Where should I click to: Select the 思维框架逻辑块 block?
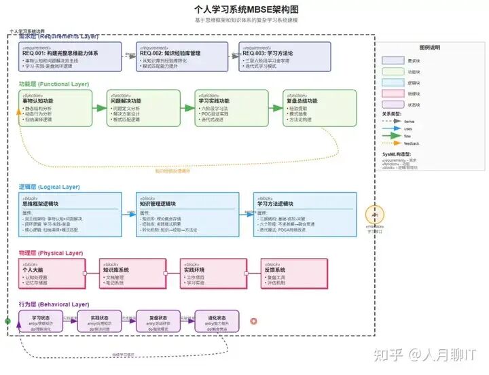coord(69,213)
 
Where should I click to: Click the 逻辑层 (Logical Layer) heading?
coord(49,186)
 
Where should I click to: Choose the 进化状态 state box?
coord(217,321)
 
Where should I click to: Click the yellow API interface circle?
coord(375,213)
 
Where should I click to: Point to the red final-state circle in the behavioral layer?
coord(254,321)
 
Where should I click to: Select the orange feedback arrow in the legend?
coord(391,143)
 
